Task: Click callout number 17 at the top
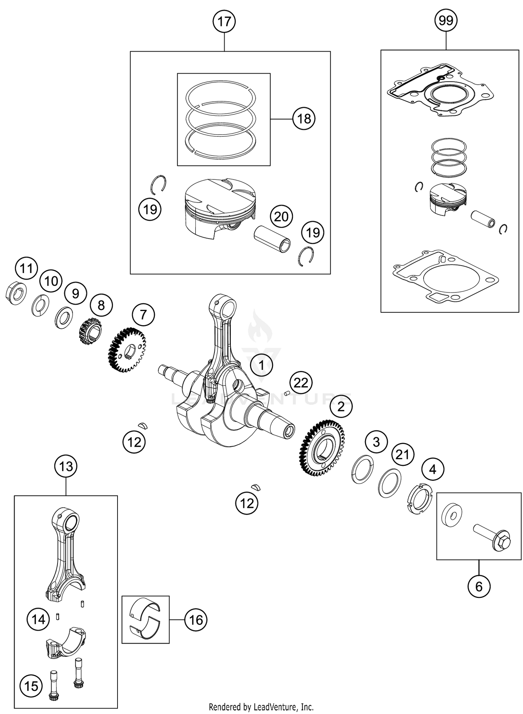pos(224,22)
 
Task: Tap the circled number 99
pos(446,21)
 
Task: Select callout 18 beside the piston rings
pos(304,119)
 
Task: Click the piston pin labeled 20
pos(272,239)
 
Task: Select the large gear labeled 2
pos(322,448)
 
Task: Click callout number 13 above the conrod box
pos(66,466)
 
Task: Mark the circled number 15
pos(31,686)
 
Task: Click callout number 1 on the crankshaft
pos(261,366)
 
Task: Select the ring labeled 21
pos(389,482)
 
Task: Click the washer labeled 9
pos(64,317)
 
